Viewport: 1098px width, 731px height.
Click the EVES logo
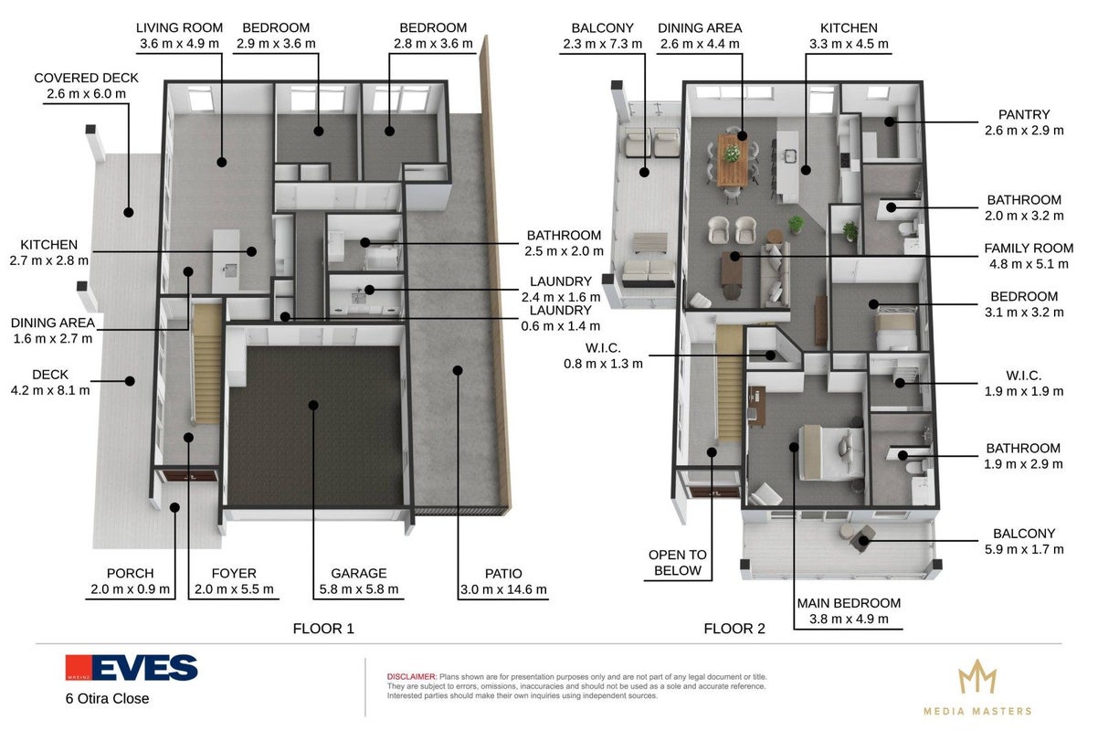click(x=132, y=667)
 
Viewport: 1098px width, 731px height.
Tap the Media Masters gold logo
click(x=977, y=687)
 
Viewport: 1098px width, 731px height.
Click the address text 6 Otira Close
click(x=108, y=698)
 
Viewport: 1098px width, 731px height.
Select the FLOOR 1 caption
click(x=323, y=628)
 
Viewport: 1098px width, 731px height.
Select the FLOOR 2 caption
click(x=734, y=628)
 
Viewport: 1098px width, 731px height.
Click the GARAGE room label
click(x=359, y=573)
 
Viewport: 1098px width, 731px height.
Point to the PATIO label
click(x=503, y=573)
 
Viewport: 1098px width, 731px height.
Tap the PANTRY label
click(x=1024, y=114)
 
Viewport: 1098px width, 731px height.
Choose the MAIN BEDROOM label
click(x=849, y=602)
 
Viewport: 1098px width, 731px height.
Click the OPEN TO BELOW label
click(x=678, y=562)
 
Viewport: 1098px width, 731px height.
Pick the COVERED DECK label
click(x=86, y=78)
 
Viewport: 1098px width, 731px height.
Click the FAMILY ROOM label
click(x=1029, y=248)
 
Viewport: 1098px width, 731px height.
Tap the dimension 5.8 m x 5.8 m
click(x=359, y=588)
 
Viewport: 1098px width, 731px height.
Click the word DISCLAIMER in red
click(x=411, y=676)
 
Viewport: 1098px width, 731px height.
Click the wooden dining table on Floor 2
click(x=733, y=161)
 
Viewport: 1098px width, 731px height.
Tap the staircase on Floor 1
click(x=207, y=364)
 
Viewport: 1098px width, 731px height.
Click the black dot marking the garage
click(x=313, y=405)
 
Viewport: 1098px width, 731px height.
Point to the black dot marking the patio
click(x=458, y=370)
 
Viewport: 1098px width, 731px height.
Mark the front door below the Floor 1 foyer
click(x=186, y=475)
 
